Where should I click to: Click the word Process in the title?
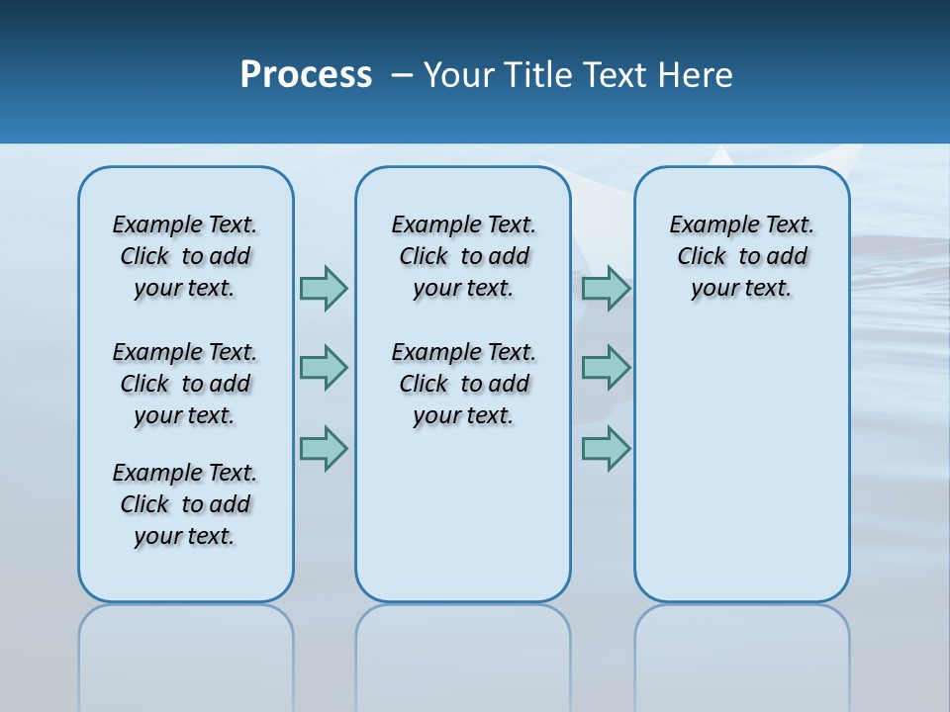click(306, 75)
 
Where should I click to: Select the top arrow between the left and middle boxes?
click(324, 288)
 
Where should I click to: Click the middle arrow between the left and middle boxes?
click(324, 368)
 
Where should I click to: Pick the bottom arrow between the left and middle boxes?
click(324, 448)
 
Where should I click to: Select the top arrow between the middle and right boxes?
click(606, 288)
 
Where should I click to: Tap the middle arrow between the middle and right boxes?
click(606, 368)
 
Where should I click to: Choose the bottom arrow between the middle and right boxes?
click(606, 448)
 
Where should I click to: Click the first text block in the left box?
click(185, 256)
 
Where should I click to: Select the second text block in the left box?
click(185, 384)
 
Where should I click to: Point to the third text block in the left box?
click(185, 504)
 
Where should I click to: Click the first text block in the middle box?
click(463, 256)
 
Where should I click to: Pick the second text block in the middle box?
click(463, 384)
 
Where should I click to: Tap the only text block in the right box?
click(741, 256)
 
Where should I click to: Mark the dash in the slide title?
click(402, 75)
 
